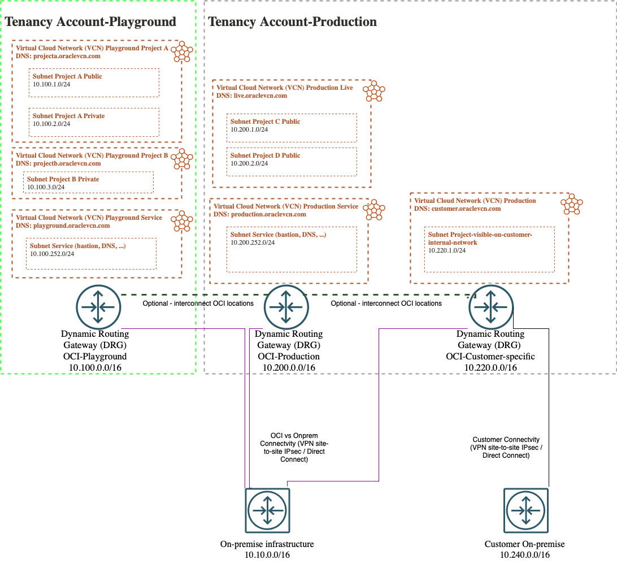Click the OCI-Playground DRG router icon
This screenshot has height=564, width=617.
point(98,307)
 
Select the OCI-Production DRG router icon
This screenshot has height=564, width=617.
point(286,307)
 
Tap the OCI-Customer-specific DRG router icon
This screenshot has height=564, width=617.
point(490,307)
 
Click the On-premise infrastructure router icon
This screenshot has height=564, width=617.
point(267,510)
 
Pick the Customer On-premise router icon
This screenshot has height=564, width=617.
point(525,510)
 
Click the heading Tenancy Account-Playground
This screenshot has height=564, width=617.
point(90,22)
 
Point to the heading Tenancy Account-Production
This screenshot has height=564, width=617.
point(293,22)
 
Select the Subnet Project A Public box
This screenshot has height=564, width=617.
point(94,83)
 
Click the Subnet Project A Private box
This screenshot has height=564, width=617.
point(94,122)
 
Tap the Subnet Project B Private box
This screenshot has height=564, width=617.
point(88,182)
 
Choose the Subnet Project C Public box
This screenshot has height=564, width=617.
point(292,128)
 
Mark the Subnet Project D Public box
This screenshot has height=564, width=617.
point(292,162)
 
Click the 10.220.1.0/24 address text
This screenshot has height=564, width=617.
point(447,250)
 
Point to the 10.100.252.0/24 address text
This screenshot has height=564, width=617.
point(52,254)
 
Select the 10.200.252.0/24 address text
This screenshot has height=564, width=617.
point(253,242)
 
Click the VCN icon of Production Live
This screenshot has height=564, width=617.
point(373,91)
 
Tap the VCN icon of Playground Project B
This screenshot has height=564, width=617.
point(182,159)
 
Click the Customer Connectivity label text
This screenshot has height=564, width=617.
point(506,447)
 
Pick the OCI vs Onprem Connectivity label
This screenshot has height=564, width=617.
point(294,448)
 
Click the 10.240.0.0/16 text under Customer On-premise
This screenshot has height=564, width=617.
point(524,555)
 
